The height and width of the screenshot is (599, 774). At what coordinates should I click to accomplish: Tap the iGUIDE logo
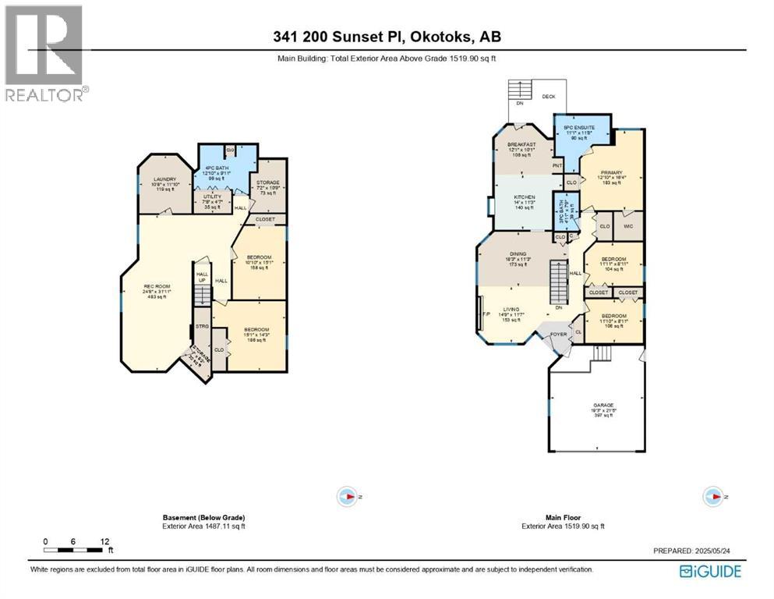click(710, 571)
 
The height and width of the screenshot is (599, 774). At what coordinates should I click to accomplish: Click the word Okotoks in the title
click(433, 36)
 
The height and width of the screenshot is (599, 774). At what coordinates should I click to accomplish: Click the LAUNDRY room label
click(164, 179)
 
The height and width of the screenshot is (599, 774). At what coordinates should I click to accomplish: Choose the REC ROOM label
click(157, 285)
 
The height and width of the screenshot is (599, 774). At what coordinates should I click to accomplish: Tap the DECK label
click(549, 97)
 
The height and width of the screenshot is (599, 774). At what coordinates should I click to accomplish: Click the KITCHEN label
click(523, 197)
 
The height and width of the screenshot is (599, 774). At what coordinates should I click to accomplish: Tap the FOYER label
click(558, 334)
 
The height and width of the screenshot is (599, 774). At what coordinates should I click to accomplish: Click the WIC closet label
click(628, 227)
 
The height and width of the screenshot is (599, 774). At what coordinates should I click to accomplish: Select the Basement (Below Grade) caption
click(203, 518)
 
